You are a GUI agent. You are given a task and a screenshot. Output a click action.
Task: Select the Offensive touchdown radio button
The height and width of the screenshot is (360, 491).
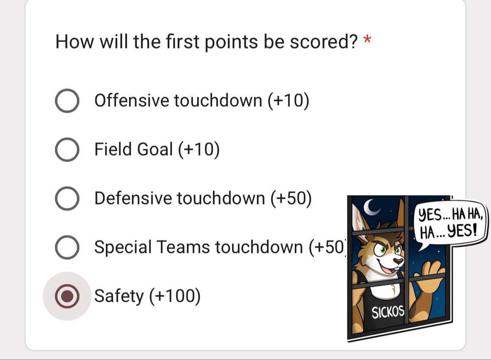[67, 101]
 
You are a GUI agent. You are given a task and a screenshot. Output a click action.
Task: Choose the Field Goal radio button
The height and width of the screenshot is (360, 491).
[67, 150]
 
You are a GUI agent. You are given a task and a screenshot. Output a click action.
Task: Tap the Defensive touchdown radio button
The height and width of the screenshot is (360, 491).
[67, 199]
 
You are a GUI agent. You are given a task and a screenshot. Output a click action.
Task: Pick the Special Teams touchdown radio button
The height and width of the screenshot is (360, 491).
[67, 247]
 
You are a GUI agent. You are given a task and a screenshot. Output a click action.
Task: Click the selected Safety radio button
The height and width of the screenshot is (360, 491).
[67, 296]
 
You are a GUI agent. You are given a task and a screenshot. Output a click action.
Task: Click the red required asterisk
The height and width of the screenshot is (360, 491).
[367, 39]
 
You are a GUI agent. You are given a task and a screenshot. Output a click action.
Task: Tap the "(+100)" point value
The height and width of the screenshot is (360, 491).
[175, 297]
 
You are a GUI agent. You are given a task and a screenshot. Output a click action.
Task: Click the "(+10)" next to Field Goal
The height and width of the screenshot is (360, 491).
[199, 150]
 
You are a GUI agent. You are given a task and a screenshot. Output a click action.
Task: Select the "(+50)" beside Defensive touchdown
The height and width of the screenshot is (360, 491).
[291, 199]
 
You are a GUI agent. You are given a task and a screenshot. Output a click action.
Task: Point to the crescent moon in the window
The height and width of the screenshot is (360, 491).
[370, 207]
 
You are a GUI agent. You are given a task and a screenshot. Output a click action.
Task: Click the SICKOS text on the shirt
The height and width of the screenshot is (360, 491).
[388, 312]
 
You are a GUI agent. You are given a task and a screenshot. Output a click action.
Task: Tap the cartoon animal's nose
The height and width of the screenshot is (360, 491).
[398, 261]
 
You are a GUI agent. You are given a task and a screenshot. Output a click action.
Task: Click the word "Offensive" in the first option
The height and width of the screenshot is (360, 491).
[132, 100]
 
